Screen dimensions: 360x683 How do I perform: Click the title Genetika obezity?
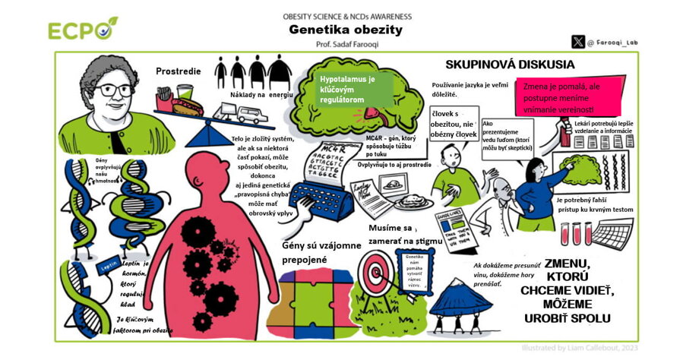pyautogui.click(x=345, y=30)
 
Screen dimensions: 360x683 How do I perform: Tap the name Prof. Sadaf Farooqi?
pyautogui.click(x=346, y=46)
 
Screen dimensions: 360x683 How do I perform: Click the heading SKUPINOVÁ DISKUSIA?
pyautogui.click(x=499, y=65)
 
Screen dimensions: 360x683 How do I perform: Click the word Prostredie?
pyautogui.click(x=179, y=71)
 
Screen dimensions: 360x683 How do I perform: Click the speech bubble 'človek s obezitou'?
pyautogui.click(x=454, y=125)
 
